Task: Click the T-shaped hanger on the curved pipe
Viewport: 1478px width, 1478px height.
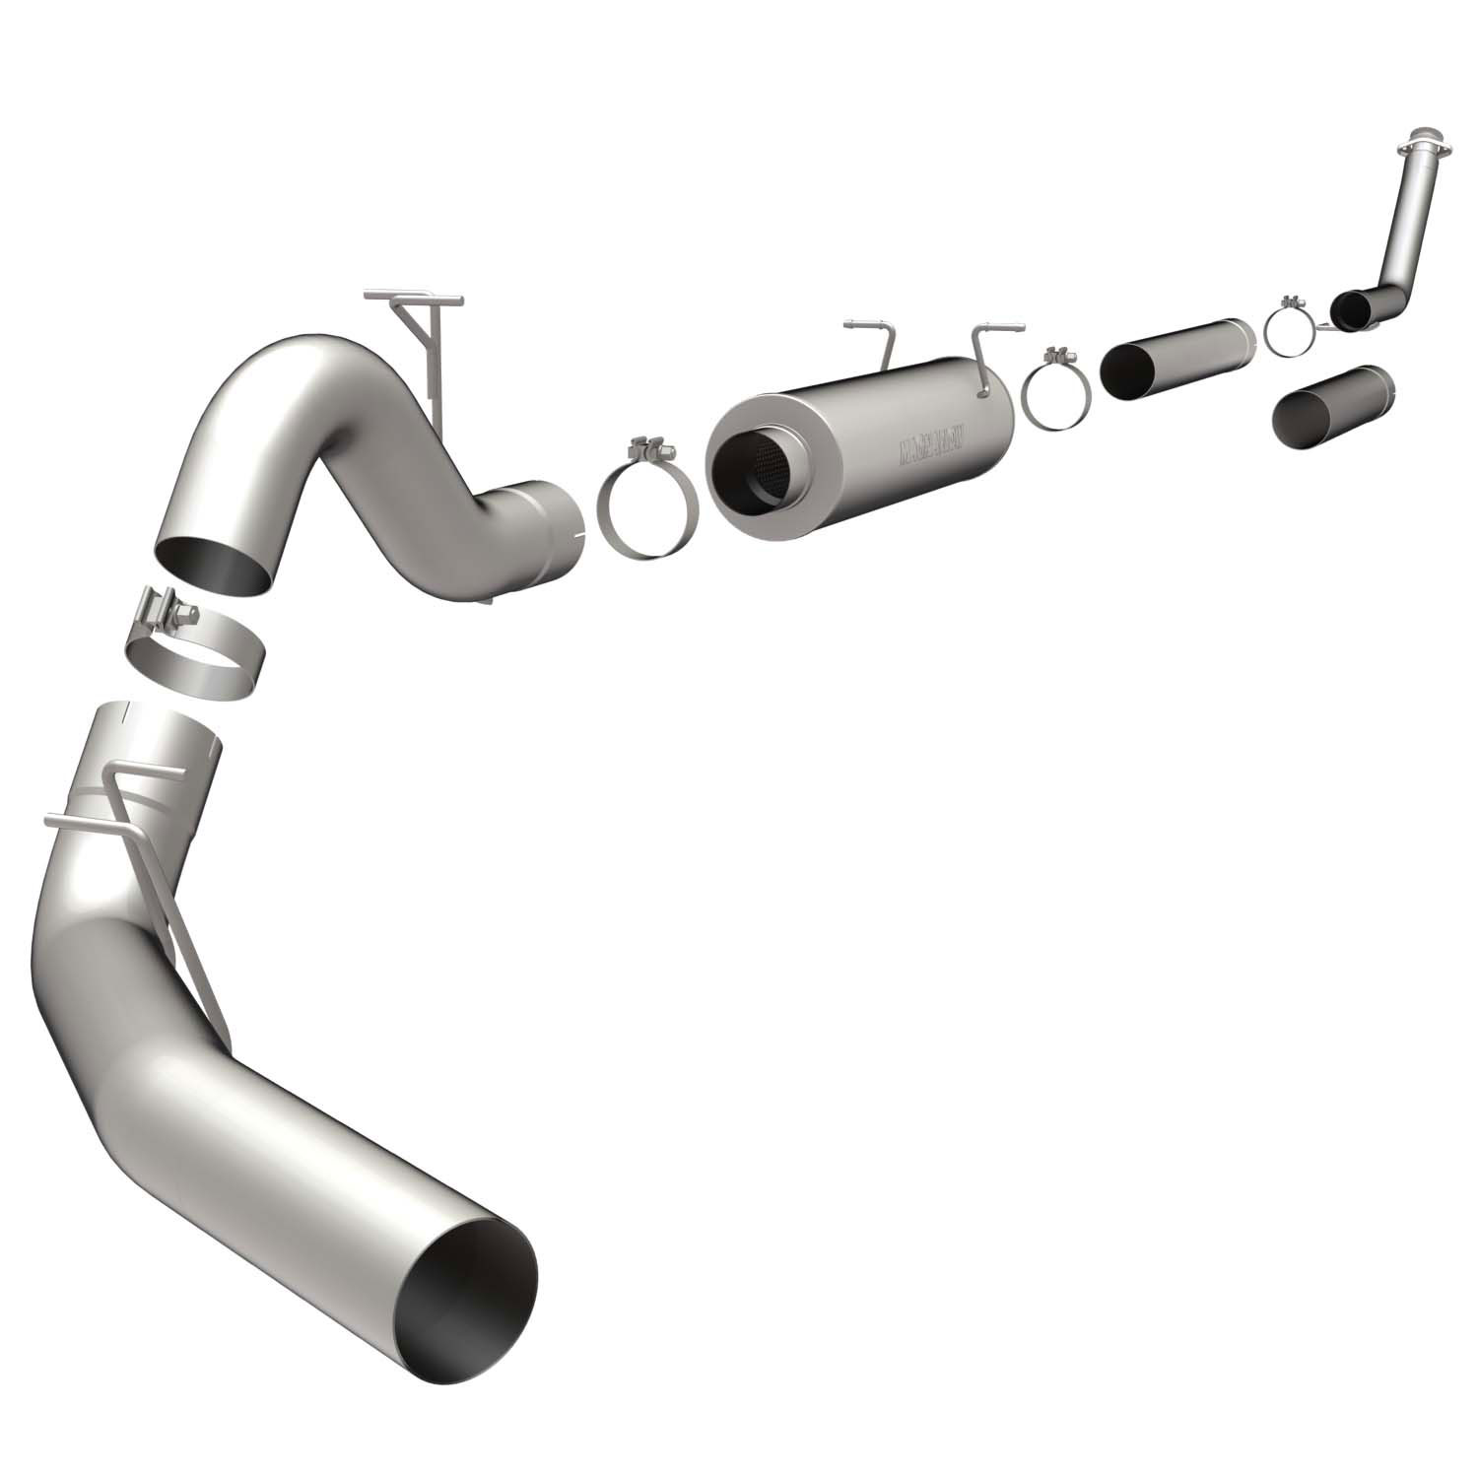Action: tap(419, 325)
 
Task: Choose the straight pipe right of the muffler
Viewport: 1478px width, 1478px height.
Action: tap(1177, 359)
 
